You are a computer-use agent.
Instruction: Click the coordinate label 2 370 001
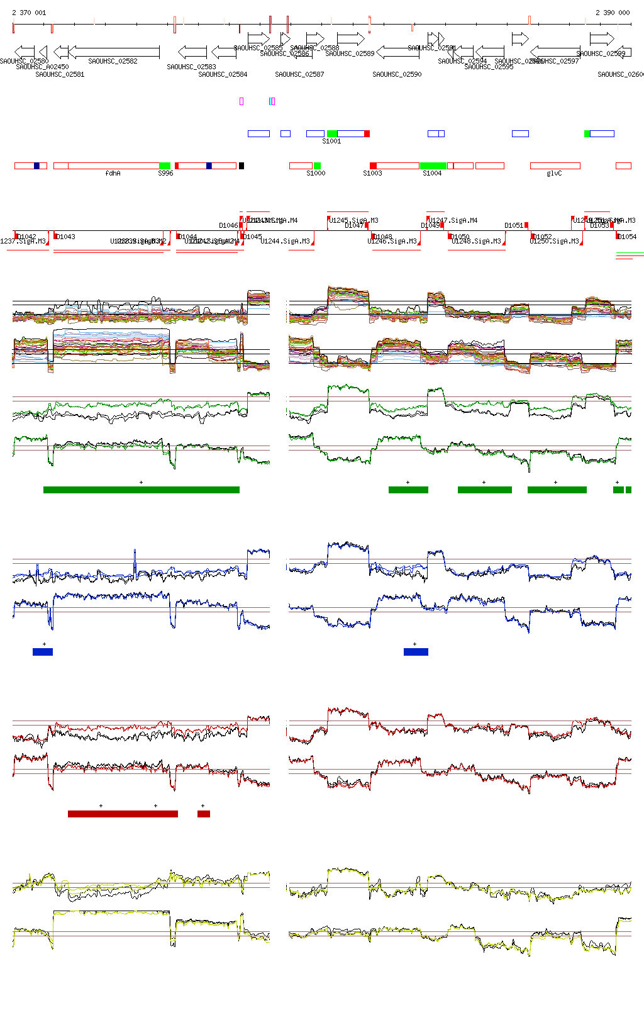29,13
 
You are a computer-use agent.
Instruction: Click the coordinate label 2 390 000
613,13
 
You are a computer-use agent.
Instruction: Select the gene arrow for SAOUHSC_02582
114,52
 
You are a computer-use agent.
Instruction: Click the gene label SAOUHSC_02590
397,74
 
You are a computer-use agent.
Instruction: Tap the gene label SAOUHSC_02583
191,67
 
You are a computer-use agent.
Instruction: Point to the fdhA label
113,173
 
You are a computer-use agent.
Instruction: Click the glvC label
554,173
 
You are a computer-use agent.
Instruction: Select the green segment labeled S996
165,165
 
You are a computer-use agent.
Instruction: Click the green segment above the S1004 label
433,165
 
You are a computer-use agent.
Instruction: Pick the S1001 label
331,141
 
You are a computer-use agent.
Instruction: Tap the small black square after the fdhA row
241,165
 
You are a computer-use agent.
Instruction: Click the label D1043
65,237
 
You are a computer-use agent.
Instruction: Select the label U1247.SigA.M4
453,220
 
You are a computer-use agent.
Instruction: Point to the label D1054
627,237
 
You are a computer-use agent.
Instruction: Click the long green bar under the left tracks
142,490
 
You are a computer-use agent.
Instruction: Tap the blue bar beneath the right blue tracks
416,651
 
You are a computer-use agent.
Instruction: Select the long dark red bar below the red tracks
123,814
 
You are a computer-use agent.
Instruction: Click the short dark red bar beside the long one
203,814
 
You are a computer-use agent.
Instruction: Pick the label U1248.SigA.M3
476,241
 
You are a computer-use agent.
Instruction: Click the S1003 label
372,173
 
